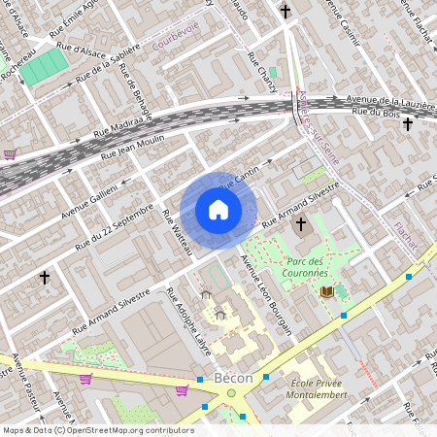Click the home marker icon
[x=218, y=210]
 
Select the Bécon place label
[x=232, y=378]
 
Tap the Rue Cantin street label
[x=242, y=176]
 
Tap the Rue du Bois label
[x=378, y=114]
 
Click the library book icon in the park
[x=326, y=292]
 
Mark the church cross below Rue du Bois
[x=407, y=124]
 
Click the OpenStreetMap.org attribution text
[x=125, y=429]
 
